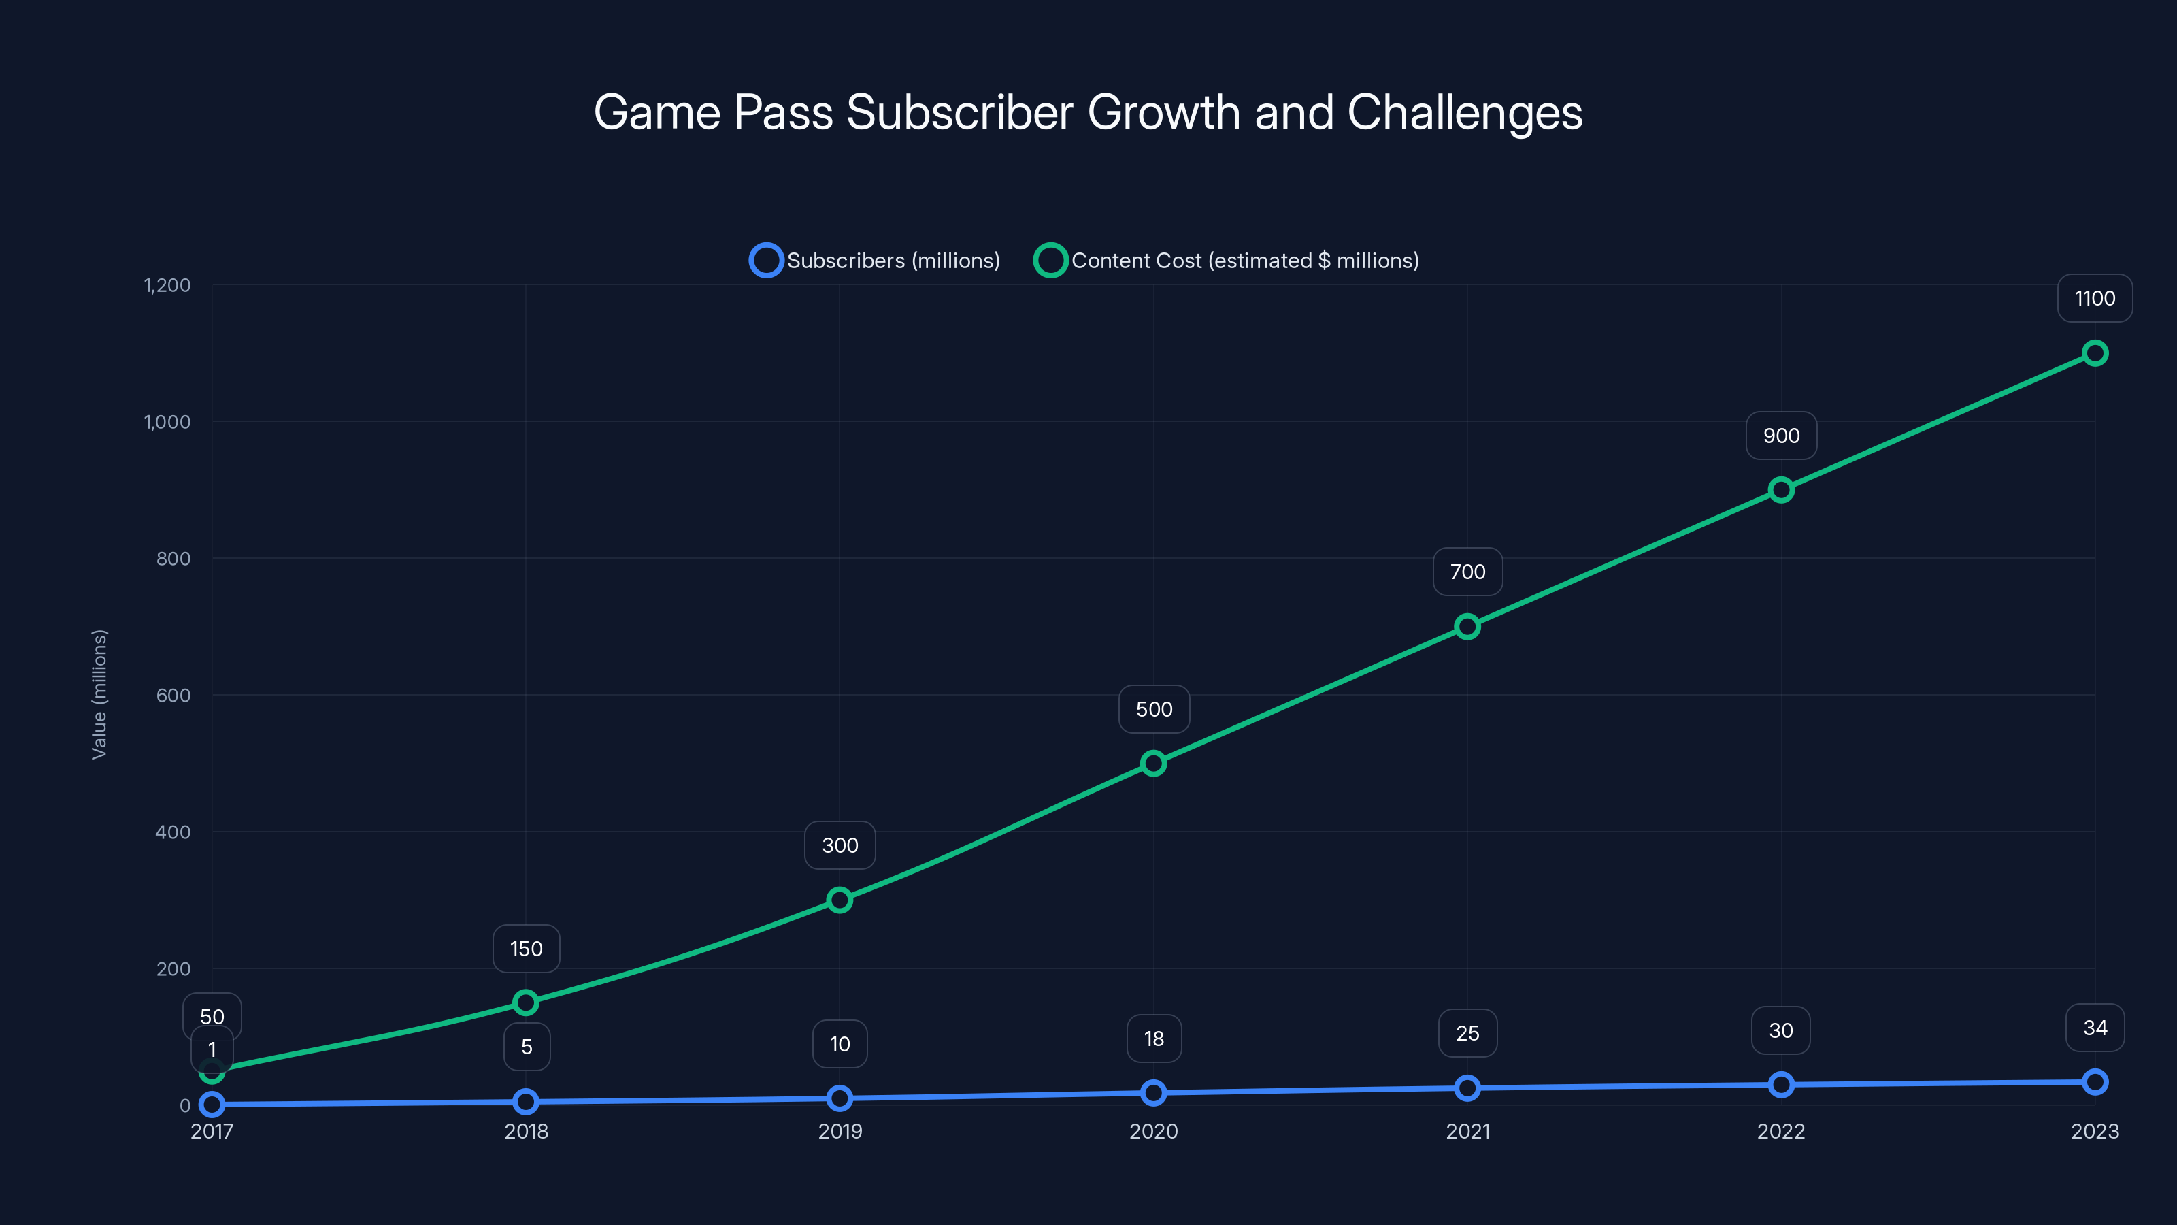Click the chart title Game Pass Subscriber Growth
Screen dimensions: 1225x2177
click(x=1088, y=112)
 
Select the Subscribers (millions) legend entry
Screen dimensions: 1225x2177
click(x=875, y=261)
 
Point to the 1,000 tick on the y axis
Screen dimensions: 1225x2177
click(x=167, y=422)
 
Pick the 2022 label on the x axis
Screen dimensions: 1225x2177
click(x=1780, y=1131)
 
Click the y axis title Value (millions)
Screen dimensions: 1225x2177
click(x=99, y=694)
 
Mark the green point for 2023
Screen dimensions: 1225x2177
click(x=2094, y=353)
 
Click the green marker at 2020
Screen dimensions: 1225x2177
click(x=1152, y=764)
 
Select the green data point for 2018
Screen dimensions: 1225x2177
click(x=526, y=1002)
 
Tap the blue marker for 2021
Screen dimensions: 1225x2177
click(x=1467, y=1088)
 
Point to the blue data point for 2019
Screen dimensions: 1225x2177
click(x=840, y=1098)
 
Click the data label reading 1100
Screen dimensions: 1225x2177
click(x=2094, y=299)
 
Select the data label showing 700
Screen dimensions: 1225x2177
click(x=1467, y=572)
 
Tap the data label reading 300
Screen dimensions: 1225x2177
click(x=840, y=845)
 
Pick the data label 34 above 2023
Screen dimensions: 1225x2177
click(x=2094, y=1028)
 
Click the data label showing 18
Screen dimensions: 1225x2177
click(x=1154, y=1039)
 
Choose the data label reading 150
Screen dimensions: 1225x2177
click(x=526, y=949)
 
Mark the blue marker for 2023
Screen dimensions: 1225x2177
click(x=2094, y=1082)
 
